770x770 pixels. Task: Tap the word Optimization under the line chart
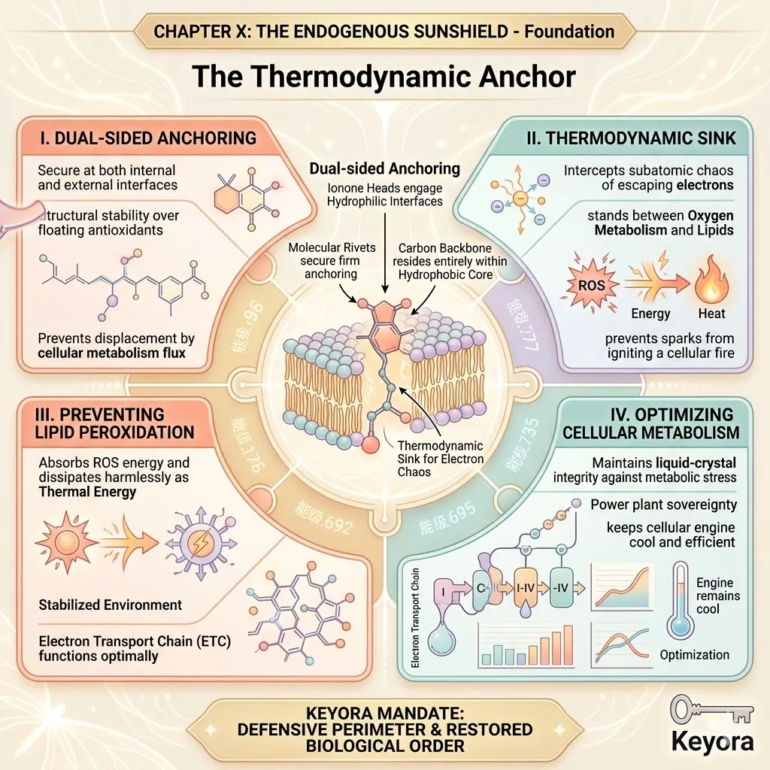[x=694, y=655]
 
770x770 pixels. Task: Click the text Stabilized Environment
[x=111, y=605]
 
